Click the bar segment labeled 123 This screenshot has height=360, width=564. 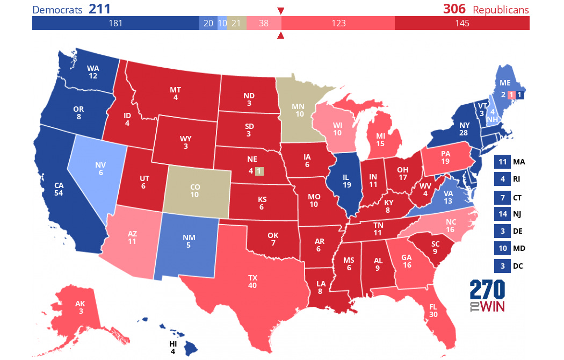point(338,23)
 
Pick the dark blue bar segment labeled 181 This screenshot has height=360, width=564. point(115,23)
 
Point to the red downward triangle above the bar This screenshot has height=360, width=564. point(280,11)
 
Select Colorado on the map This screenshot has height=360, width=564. point(194,191)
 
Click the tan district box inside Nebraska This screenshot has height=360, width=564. point(259,171)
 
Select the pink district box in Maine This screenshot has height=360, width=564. point(511,95)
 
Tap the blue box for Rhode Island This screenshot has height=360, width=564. point(502,179)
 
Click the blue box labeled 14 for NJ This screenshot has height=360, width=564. point(502,214)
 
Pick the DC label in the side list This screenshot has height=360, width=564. point(518,266)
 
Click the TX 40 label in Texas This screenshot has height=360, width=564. point(252,282)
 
